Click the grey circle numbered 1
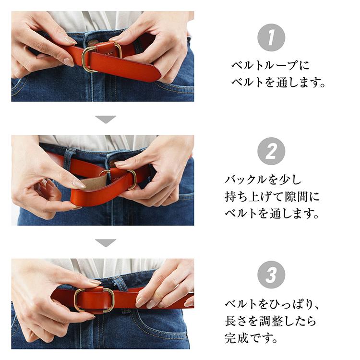(x=271, y=37)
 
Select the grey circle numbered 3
(x=271, y=275)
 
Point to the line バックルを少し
(x=264, y=180)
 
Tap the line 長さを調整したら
(x=270, y=321)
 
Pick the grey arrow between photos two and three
(x=106, y=243)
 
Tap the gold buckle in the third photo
(x=94, y=300)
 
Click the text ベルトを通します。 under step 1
(x=278, y=82)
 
